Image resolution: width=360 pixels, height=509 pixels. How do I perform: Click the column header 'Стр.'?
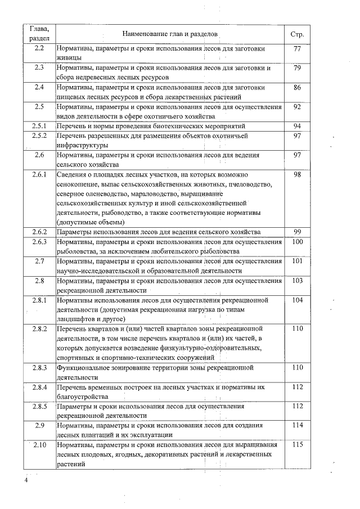pyautogui.click(x=298, y=34)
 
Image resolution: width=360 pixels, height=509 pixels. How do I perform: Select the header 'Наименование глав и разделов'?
pyautogui.click(x=169, y=34)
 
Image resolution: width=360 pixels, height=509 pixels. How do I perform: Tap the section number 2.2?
pyautogui.click(x=39, y=49)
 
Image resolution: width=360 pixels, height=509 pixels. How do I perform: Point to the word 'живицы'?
pyautogui.click(x=70, y=58)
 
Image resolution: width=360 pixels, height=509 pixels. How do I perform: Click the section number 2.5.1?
pyautogui.click(x=39, y=126)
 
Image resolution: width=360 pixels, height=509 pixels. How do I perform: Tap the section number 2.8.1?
pyautogui.click(x=39, y=300)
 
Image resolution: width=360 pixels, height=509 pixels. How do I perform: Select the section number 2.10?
pyautogui.click(x=39, y=445)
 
